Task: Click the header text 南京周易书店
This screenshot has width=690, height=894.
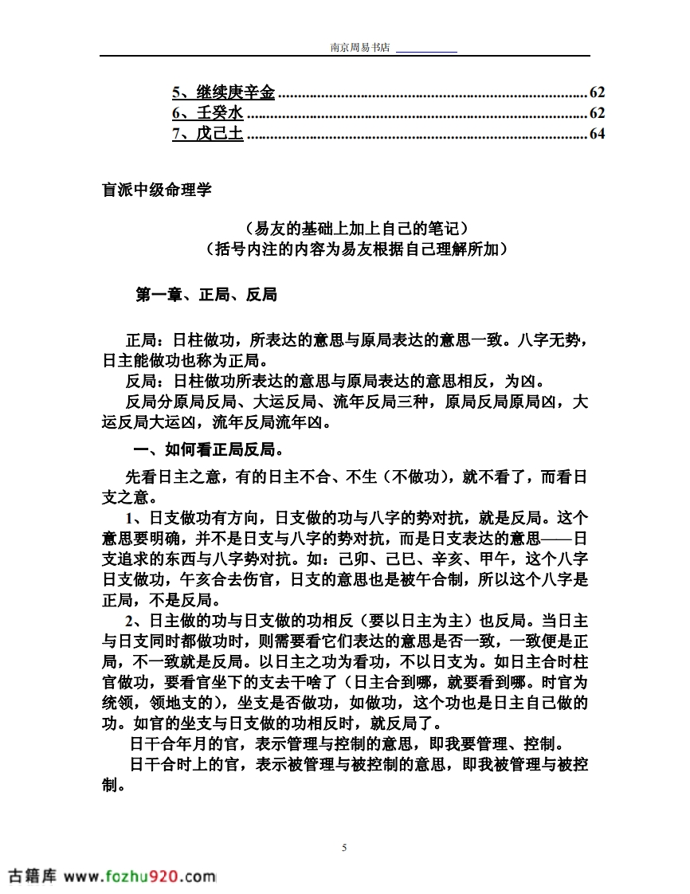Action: tap(360, 48)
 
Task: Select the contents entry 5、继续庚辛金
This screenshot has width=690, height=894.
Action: tap(223, 92)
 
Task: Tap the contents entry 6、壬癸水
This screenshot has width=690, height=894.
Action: tap(207, 113)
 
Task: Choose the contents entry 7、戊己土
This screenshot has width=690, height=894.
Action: tap(207, 134)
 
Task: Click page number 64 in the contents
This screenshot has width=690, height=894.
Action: tap(597, 134)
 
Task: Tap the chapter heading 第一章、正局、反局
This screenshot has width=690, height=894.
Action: tap(206, 295)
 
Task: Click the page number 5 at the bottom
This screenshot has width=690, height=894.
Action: tap(344, 847)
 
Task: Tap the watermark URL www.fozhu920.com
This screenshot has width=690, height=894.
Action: tap(139, 876)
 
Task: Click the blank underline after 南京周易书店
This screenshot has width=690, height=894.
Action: tap(426, 49)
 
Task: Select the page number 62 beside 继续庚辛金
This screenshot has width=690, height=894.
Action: tap(597, 92)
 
